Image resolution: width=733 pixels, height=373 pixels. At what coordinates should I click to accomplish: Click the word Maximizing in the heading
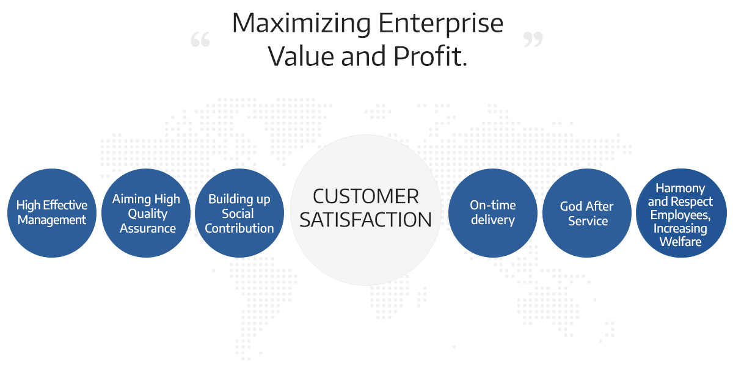tap(301, 24)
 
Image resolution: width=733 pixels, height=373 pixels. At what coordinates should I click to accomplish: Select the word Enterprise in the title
tap(441, 24)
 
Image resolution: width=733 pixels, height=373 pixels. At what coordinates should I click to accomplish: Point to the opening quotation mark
tap(200, 39)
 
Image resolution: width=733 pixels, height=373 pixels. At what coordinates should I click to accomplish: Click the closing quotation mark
tap(533, 39)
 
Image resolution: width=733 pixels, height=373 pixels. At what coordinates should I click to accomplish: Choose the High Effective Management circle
tap(52, 213)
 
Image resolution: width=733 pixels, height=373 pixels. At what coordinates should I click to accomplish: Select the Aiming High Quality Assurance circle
tap(146, 213)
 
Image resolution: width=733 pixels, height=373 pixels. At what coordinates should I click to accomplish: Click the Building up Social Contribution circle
tap(239, 213)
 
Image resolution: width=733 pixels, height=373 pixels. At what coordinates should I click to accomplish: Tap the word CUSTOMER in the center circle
tap(365, 197)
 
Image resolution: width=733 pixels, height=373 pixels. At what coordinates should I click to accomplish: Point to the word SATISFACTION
tap(365, 220)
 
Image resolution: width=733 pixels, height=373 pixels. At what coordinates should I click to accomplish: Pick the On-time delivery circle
tap(493, 213)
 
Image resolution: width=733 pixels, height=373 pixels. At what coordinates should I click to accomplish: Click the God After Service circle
tap(587, 213)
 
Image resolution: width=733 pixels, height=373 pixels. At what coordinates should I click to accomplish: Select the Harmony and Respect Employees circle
tap(681, 213)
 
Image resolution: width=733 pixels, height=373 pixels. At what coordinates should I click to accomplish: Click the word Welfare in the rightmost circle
tap(680, 242)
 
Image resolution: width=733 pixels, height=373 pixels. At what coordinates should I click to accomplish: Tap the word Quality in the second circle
tap(148, 214)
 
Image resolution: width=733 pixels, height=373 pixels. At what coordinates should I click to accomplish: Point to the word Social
tap(238, 214)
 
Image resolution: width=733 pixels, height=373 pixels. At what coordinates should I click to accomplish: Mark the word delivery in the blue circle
tap(493, 220)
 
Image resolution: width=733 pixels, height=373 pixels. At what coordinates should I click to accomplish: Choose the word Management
tap(52, 220)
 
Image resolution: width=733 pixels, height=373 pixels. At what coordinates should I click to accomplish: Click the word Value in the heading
tap(301, 56)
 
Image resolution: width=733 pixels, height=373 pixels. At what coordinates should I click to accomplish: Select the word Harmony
tap(680, 189)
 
